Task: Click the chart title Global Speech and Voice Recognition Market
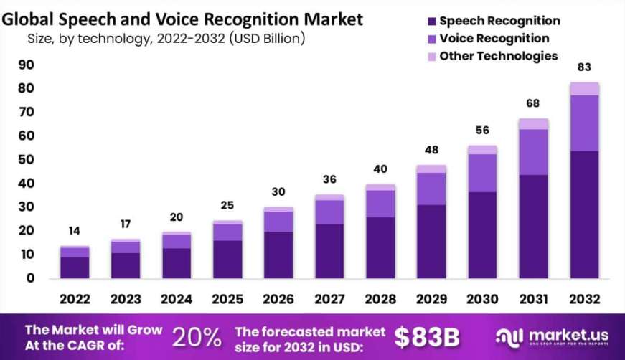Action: click(x=182, y=17)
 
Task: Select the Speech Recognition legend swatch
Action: click(x=431, y=22)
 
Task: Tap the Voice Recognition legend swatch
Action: click(x=431, y=39)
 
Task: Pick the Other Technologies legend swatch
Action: click(x=431, y=56)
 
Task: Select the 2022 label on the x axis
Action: click(x=75, y=298)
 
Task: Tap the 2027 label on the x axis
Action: click(x=329, y=298)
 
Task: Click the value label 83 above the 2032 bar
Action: click(x=584, y=67)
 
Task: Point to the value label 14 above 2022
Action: click(x=75, y=231)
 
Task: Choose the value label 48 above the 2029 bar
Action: click(x=431, y=151)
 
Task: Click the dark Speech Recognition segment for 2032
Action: click(x=584, y=215)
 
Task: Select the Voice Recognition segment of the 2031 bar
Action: click(x=533, y=152)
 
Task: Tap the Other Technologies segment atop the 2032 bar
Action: click(x=584, y=89)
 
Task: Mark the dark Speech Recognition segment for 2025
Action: click(x=227, y=260)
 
